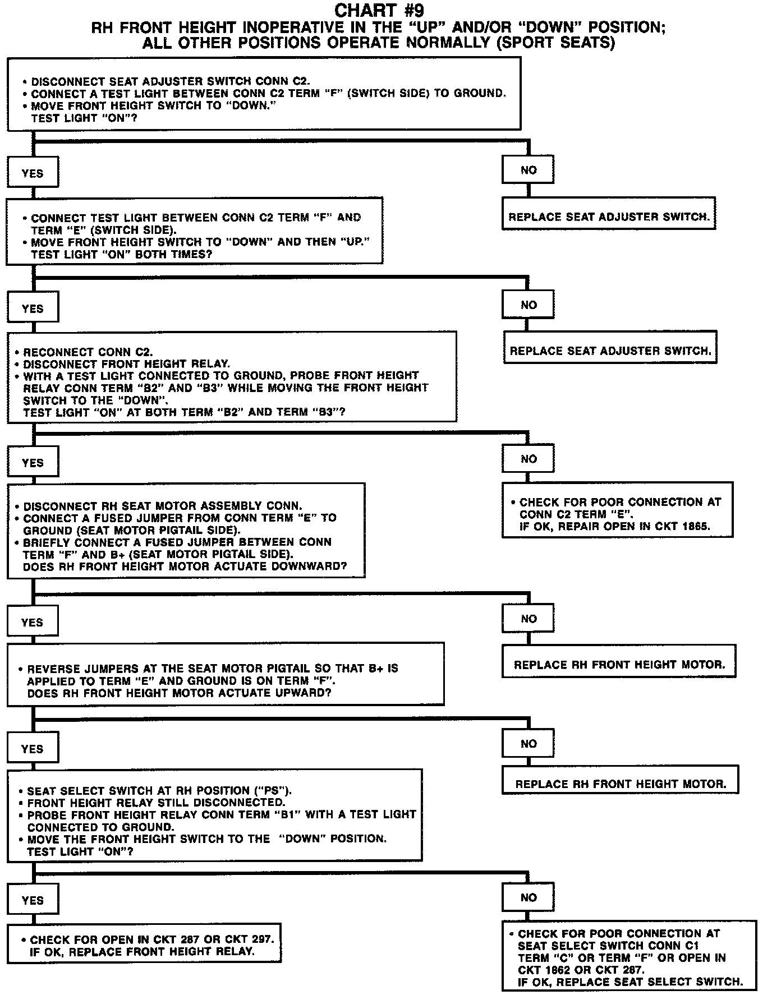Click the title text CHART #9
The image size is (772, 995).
pos(379,10)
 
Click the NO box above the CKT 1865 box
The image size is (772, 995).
pos(528,459)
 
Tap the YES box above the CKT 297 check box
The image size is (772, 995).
pos(33,900)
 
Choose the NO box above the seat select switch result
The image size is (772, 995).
pos(528,897)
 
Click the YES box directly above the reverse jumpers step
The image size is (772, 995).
pos(33,622)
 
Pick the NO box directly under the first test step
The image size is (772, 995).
pos(528,170)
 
